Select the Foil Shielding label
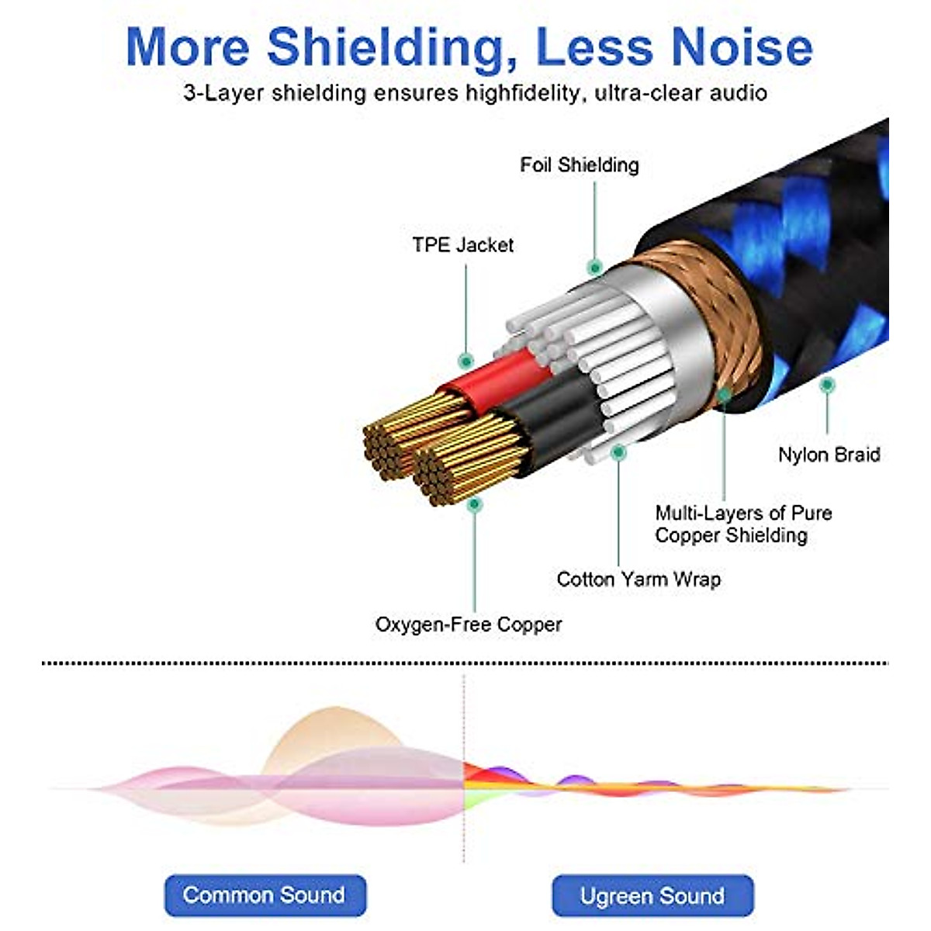(579, 165)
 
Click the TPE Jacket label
(462, 245)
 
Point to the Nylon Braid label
(829, 455)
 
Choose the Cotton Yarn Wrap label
(638, 580)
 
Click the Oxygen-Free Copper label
(468, 625)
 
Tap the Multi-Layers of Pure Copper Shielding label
(742, 524)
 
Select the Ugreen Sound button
(652, 895)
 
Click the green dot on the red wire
(466, 361)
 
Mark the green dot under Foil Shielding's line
(595, 268)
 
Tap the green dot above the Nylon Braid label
(827, 384)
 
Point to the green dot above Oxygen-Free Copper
(475, 504)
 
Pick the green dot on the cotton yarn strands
(618, 451)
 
